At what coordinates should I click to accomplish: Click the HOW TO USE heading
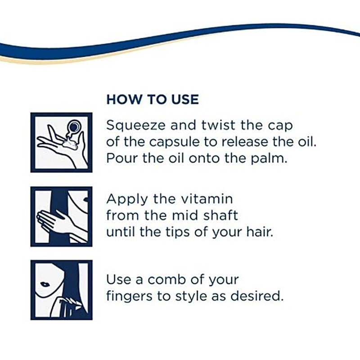point(153,99)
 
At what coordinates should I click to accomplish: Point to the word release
point(245,142)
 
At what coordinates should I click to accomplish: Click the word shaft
point(220,216)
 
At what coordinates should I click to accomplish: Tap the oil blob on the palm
point(70,144)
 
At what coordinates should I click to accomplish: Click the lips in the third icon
point(45,284)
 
